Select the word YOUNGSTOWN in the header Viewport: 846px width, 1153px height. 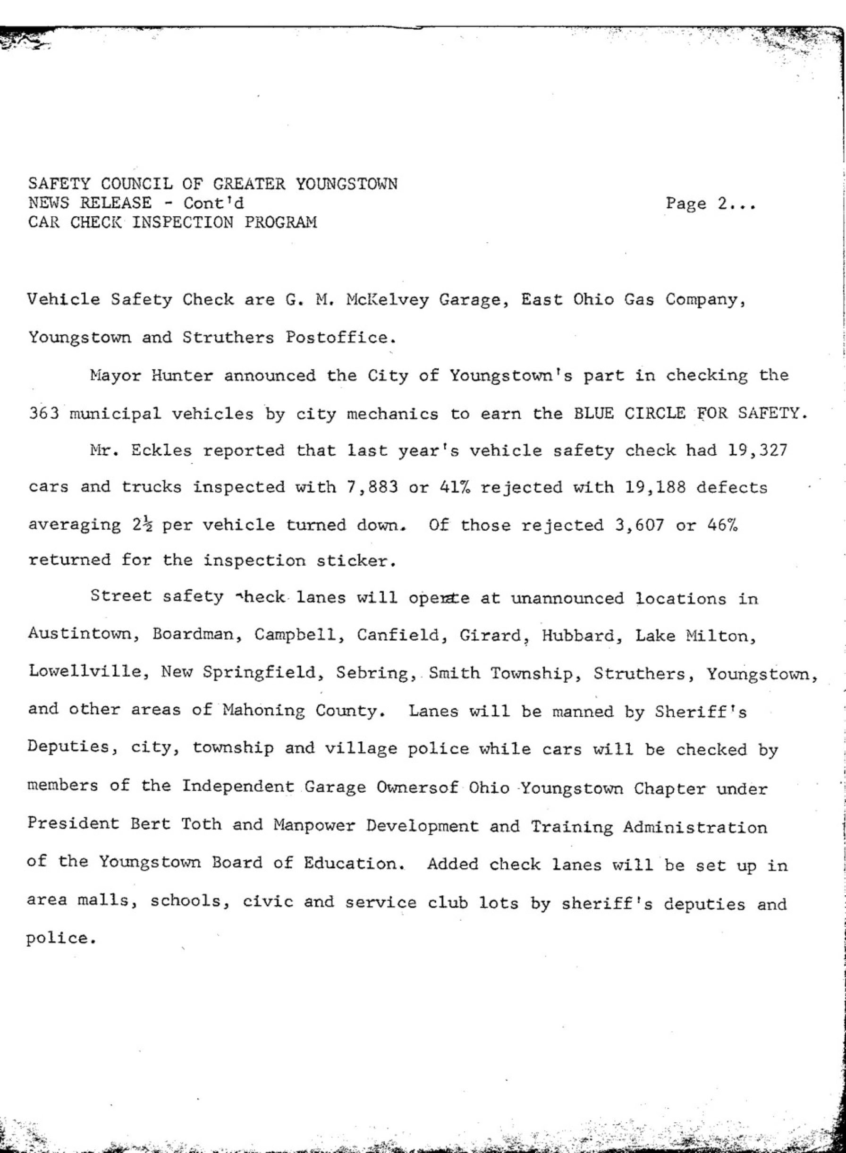347,183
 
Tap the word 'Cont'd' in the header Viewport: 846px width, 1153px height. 213,203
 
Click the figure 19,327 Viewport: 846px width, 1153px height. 756,450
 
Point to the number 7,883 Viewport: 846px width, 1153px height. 372,487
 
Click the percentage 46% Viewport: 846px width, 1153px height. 721,525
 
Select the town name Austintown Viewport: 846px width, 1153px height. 85,635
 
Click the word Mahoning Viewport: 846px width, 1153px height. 263,710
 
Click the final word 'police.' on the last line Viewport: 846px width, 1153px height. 61,938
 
